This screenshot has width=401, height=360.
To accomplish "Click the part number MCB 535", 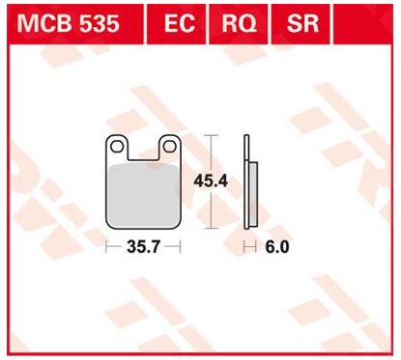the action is coord(68,23).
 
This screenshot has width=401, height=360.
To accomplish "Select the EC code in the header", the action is coord(180,23).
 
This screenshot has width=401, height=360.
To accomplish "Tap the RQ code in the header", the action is coord(239,23).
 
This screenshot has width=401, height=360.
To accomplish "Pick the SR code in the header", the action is coord(302,23).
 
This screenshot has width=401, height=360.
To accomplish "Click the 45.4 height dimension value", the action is coord(211,181).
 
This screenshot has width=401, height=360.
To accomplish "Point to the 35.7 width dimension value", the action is coord(143,247).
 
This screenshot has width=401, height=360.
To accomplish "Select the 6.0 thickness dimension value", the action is coord(277,247).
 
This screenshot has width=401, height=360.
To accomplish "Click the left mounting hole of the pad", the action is coord(117,147).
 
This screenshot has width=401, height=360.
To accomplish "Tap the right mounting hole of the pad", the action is coord(169,147).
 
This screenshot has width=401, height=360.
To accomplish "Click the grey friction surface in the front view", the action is coord(144,195).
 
